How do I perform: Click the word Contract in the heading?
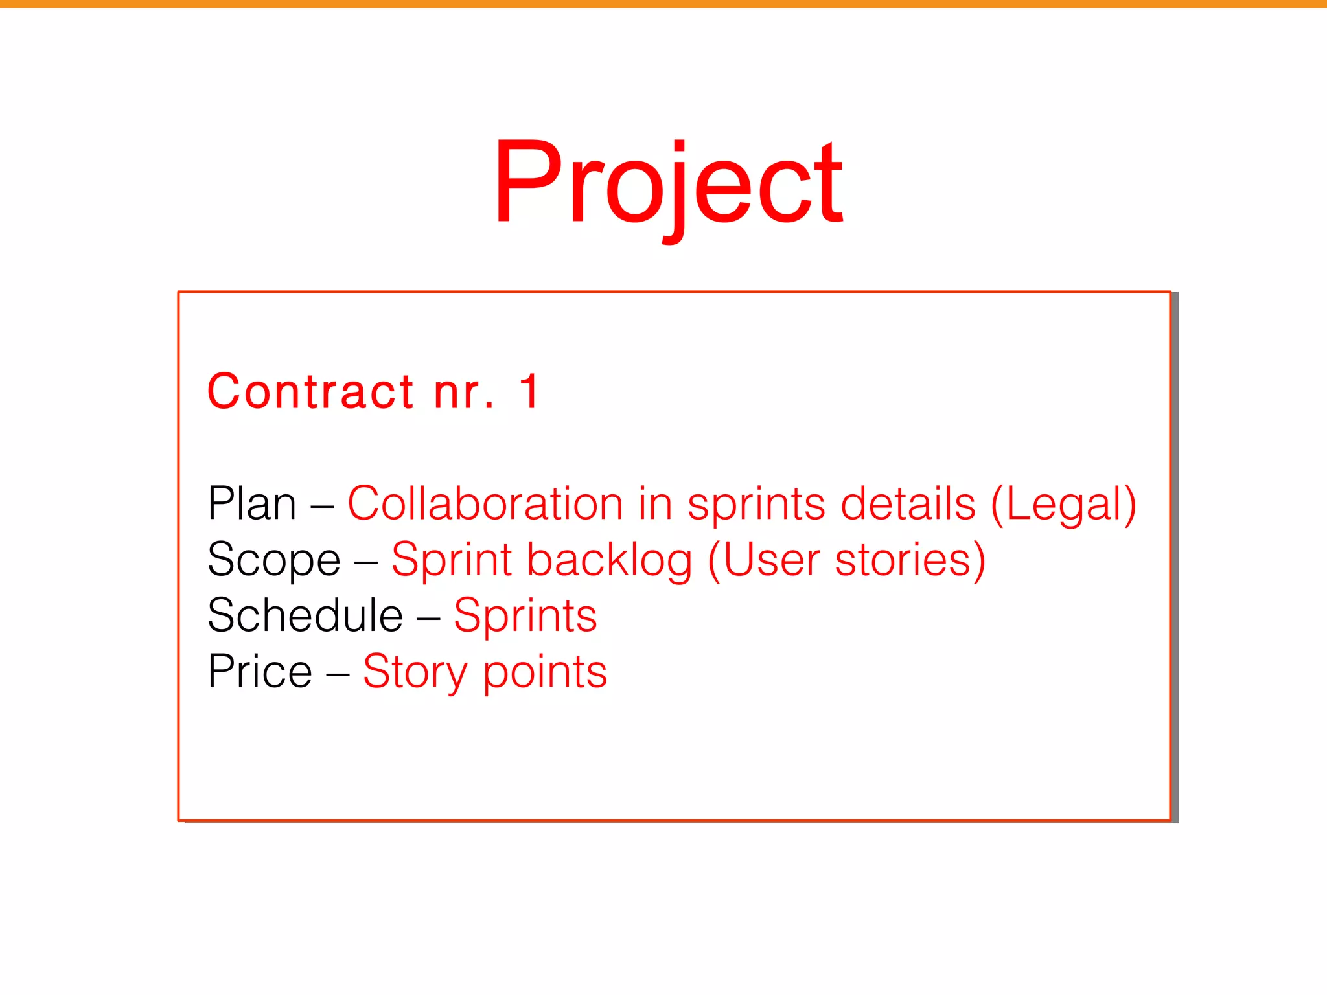(x=310, y=392)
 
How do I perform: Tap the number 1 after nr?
(x=529, y=392)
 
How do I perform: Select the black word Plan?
(x=251, y=503)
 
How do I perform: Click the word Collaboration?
(x=485, y=503)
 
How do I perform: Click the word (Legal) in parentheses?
(x=1063, y=505)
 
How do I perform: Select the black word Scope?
(x=273, y=560)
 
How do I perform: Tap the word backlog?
(x=609, y=560)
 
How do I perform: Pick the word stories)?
(x=910, y=560)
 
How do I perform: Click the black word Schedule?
(x=305, y=615)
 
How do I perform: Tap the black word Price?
(x=260, y=671)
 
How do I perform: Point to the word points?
(x=545, y=672)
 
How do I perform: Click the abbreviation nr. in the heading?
(x=463, y=393)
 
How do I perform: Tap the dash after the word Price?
(x=338, y=672)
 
